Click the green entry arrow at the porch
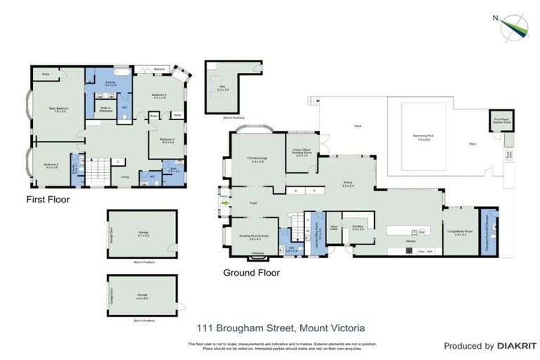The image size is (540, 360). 225,203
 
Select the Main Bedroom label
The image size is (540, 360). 58,110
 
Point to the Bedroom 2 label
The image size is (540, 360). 51,166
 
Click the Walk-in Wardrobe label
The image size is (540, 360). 105,110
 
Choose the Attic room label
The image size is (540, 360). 223,89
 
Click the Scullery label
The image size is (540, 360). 359,228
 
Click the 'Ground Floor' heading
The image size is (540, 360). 251,272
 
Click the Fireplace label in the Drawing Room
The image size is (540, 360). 257,252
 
